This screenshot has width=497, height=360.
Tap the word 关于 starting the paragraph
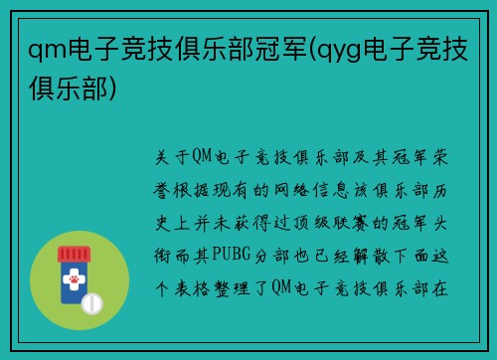click(x=169, y=158)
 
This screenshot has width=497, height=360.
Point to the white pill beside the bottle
click(x=92, y=301)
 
